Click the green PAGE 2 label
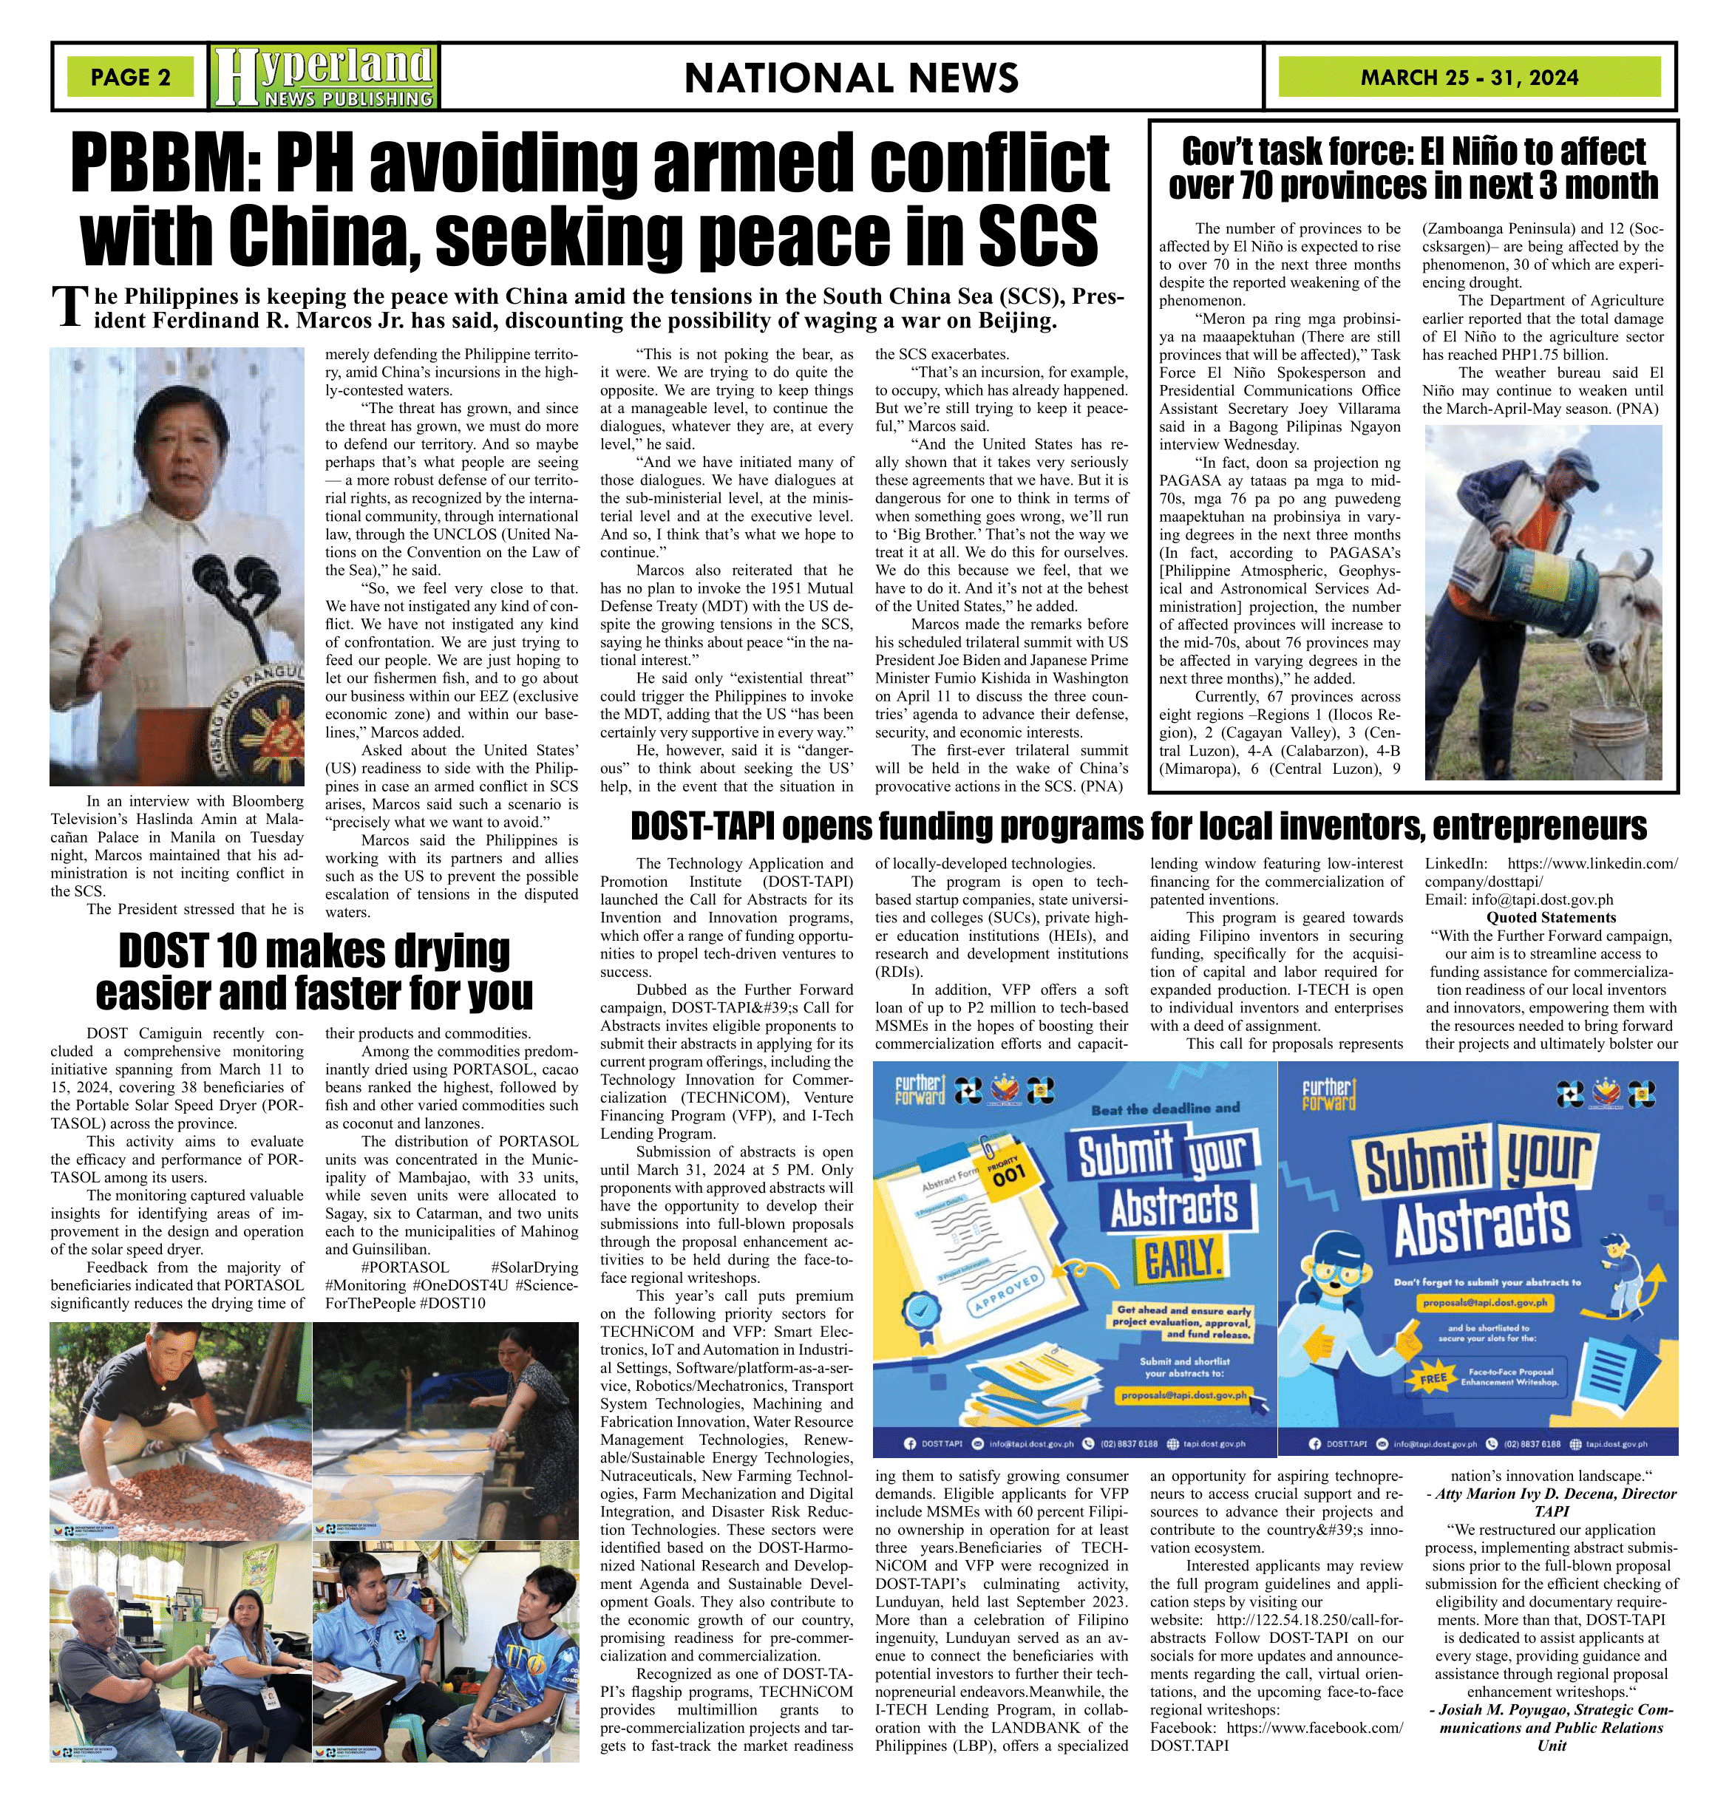pyautogui.click(x=131, y=77)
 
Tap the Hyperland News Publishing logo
pyautogui.click(x=324, y=77)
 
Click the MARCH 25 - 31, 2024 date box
pyautogui.click(x=1469, y=77)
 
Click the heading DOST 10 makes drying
pyautogui.click(x=314, y=950)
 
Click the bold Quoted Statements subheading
pyautogui.click(x=1551, y=917)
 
